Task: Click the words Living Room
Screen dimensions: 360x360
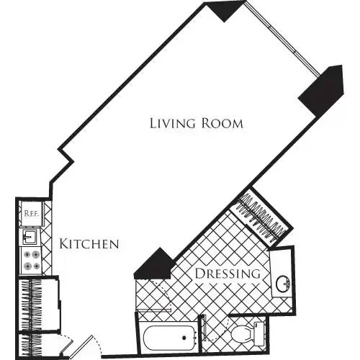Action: [x=196, y=123]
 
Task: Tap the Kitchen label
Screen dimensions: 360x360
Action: [x=89, y=244]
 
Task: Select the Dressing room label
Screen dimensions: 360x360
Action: [x=227, y=274]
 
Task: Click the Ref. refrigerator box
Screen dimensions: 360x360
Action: [x=31, y=213]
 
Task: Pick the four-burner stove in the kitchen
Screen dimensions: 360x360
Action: [x=31, y=260]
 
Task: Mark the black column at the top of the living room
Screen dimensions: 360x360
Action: [x=221, y=9]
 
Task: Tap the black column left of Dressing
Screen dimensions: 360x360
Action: [x=154, y=264]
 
